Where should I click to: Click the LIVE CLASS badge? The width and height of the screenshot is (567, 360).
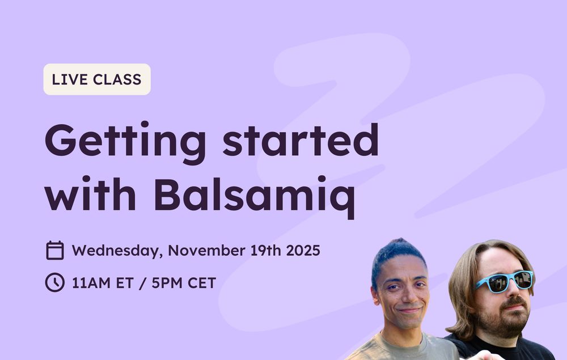[x=97, y=79]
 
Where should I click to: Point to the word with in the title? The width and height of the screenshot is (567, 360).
[x=90, y=193]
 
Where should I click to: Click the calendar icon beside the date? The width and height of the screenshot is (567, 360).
[x=55, y=250]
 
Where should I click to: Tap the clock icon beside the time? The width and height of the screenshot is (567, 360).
[x=55, y=282]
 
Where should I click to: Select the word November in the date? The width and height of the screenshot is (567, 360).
[x=206, y=251]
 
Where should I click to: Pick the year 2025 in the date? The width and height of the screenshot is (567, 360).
[x=303, y=251]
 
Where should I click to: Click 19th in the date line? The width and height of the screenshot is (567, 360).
[x=265, y=251]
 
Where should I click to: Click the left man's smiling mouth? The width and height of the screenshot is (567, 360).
[x=409, y=310]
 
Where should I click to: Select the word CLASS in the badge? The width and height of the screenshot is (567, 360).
[x=117, y=79]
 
